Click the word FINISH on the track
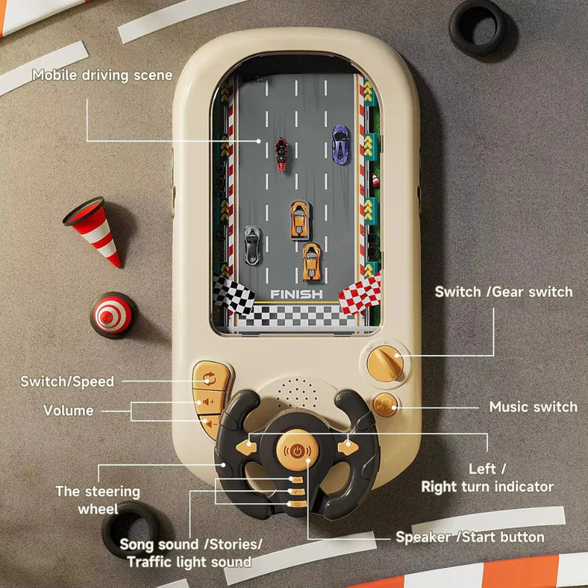tap(296, 294)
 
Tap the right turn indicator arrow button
tap(348, 447)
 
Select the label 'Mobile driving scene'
tap(102, 75)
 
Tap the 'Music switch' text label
tap(533, 407)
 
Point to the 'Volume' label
tap(69, 410)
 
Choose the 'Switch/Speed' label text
tap(67, 382)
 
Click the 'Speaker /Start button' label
tap(470, 537)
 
